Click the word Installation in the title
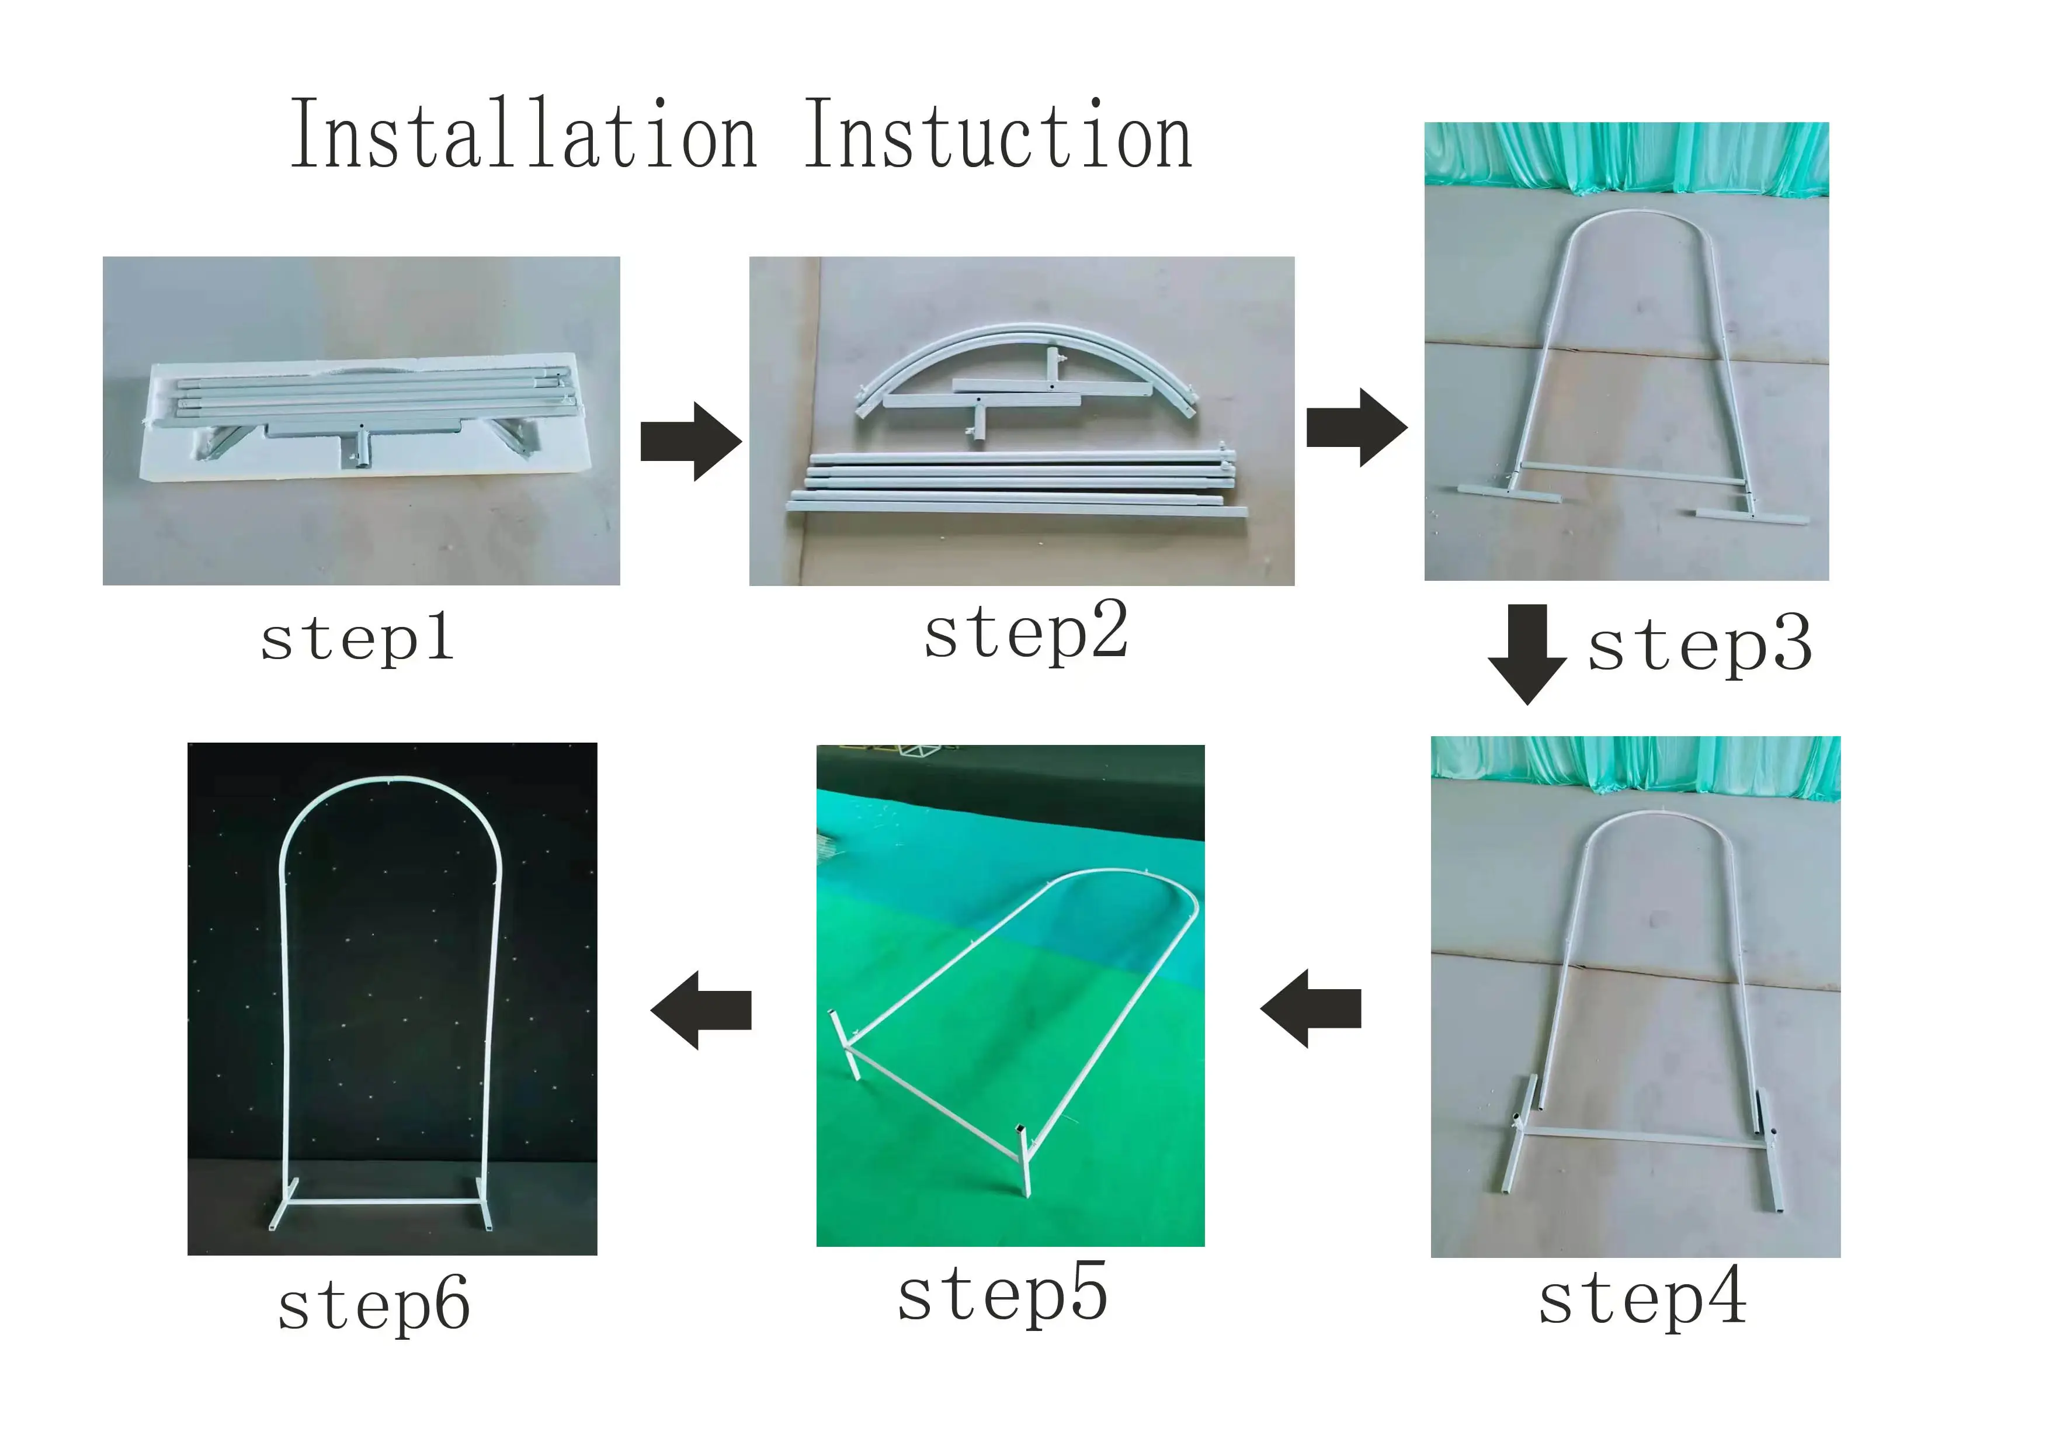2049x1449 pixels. (x=524, y=136)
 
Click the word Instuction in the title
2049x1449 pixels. (x=998, y=136)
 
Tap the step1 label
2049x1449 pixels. (x=357, y=639)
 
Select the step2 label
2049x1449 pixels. (x=1026, y=632)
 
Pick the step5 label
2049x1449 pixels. (x=1002, y=1295)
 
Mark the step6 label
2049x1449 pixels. (x=374, y=1305)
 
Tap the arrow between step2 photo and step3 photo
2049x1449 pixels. (x=1356, y=427)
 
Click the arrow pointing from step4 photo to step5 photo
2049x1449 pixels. (x=1310, y=1009)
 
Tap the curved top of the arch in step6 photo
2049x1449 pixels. (x=391, y=784)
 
